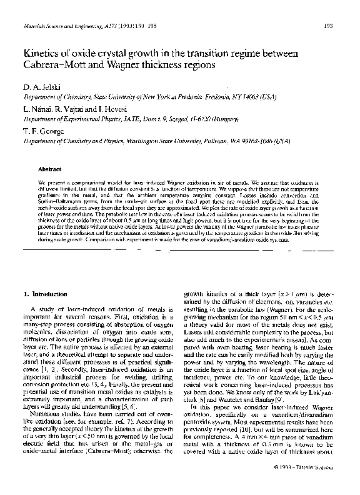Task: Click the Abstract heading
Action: [x=49, y=169]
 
